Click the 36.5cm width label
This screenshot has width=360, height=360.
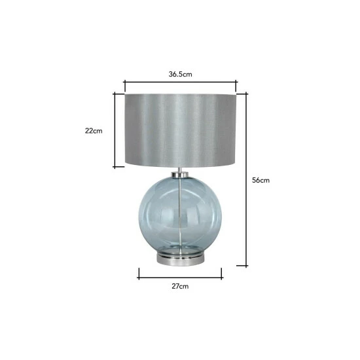click(x=180, y=74)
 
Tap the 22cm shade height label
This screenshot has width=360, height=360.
click(x=94, y=130)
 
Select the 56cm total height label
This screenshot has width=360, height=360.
click(x=261, y=180)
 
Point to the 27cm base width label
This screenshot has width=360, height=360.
click(x=180, y=286)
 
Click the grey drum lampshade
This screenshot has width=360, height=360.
click(x=180, y=130)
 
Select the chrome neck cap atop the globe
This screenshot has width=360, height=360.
click(x=180, y=174)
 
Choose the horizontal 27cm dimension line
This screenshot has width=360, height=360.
click(x=180, y=276)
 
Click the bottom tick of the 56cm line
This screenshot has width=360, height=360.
click(x=247, y=266)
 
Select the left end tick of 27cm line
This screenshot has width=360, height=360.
click(x=138, y=276)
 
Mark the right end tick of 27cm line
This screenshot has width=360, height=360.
click(x=222, y=276)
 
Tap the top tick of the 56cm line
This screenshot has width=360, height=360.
click(x=247, y=94)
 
